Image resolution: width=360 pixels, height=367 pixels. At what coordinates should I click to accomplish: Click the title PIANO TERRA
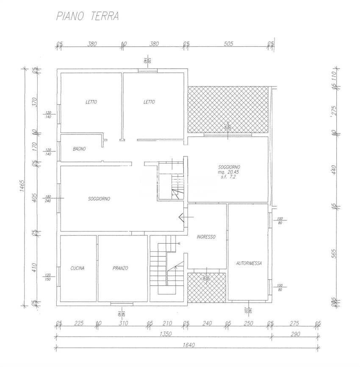click(x=88, y=17)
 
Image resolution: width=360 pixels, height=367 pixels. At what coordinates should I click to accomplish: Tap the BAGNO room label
click(x=79, y=149)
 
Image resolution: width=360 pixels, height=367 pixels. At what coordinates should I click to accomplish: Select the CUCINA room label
click(x=78, y=268)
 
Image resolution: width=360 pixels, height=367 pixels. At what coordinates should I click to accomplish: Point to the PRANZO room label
click(x=121, y=268)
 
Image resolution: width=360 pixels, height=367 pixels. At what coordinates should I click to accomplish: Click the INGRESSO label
click(x=206, y=237)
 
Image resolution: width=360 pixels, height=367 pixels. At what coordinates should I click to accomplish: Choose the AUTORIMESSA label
click(x=249, y=263)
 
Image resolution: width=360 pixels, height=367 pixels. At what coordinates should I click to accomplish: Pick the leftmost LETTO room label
click(x=91, y=102)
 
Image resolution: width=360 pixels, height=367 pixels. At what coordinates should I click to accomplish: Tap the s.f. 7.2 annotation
click(x=228, y=177)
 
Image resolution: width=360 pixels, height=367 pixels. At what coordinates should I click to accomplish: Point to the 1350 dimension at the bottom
click(x=165, y=334)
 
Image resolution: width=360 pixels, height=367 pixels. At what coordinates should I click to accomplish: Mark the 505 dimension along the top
click(x=228, y=43)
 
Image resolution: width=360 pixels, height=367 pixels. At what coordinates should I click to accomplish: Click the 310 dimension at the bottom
click(x=123, y=323)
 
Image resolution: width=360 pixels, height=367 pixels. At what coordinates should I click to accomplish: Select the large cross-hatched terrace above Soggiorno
click(x=228, y=108)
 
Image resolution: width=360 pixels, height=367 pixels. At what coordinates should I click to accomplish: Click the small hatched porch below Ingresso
click(x=206, y=287)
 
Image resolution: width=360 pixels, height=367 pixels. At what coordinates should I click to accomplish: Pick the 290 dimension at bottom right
click(x=295, y=334)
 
